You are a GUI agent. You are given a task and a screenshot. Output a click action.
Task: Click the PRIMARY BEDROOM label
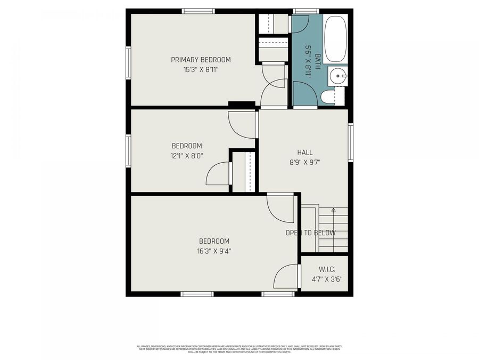coord(201,60)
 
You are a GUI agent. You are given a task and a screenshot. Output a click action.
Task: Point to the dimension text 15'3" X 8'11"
coord(201,69)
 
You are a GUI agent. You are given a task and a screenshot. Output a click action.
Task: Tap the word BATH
coord(318,59)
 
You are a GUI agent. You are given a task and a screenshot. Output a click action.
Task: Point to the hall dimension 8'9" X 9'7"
coord(304,162)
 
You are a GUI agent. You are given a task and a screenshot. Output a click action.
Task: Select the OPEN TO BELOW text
coord(310,233)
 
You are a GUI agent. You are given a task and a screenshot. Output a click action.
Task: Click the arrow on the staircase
coord(333,210)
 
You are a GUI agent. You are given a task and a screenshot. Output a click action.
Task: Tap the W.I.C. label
coord(326,269)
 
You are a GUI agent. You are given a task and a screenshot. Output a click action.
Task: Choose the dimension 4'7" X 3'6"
coord(326,279)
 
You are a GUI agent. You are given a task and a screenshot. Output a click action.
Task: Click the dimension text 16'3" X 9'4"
coord(214,251)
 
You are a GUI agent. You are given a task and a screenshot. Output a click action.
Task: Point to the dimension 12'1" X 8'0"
coord(186,156)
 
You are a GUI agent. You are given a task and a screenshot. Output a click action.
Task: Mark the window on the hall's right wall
coord(351,142)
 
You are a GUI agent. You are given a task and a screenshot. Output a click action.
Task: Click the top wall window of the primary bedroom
coord(198,11)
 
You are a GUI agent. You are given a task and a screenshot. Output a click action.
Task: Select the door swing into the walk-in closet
coord(286,276)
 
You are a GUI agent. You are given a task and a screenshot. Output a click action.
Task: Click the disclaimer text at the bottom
coord(240,349)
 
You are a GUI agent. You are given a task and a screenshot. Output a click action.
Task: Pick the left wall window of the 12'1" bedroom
coord(128,150)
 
